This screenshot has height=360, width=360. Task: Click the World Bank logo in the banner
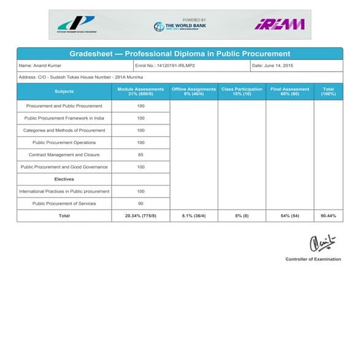click(180, 25)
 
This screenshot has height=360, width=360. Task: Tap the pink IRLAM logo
click(279, 24)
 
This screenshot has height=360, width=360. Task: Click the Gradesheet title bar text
click(180, 54)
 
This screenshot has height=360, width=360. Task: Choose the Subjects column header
click(64, 91)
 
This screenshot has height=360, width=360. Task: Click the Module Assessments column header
click(140, 91)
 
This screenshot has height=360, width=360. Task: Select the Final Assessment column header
click(289, 91)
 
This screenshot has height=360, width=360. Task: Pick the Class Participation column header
click(242, 91)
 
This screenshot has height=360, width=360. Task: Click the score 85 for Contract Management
click(140, 155)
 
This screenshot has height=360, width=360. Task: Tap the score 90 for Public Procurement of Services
click(140, 204)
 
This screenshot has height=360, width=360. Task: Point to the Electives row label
click(64, 179)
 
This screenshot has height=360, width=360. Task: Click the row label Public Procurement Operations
click(64, 142)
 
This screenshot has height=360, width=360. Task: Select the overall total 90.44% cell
click(328, 216)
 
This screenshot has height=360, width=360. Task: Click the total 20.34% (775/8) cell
click(140, 216)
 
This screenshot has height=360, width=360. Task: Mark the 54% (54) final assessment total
click(289, 216)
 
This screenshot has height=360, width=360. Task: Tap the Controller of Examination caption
click(313, 259)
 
